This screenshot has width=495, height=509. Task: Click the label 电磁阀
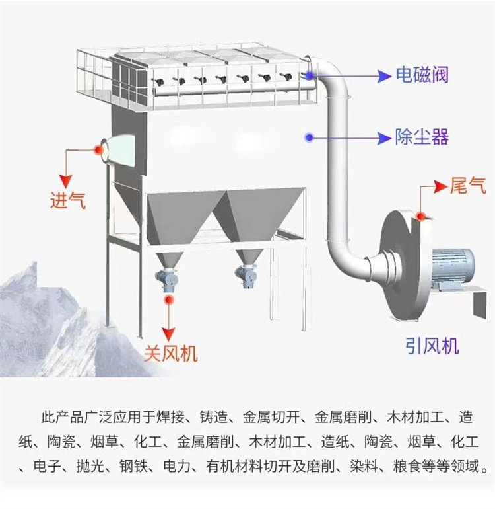coord(422,75)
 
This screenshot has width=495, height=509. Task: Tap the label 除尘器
coord(422,137)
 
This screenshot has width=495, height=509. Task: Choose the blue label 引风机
coord(432,345)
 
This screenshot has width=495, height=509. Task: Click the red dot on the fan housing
coord(421,214)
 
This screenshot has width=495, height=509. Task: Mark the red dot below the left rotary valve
coord(170,299)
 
